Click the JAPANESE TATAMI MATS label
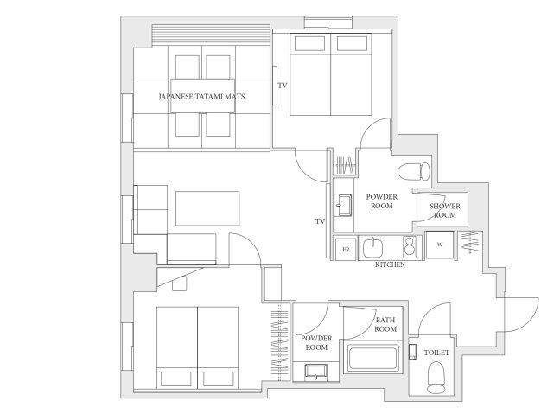click(201, 97)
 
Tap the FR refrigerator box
click(346, 249)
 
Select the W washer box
click(440, 245)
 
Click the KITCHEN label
click(390, 264)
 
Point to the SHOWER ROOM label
click(445, 210)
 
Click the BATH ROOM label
click(385, 324)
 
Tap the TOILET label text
click(436, 353)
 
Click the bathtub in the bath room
click(373, 359)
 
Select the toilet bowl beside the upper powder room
click(414, 171)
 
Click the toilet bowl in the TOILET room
click(436, 377)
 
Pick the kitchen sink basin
click(372, 247)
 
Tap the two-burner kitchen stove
click(410, 246)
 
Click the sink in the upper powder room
click(344, 205)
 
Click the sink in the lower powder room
click(316, 371)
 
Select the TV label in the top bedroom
click(283, 86)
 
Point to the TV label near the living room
click(321, 221)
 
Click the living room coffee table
click(207, 208)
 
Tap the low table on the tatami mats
click(202, 96)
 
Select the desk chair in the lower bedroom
click(179, 283)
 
